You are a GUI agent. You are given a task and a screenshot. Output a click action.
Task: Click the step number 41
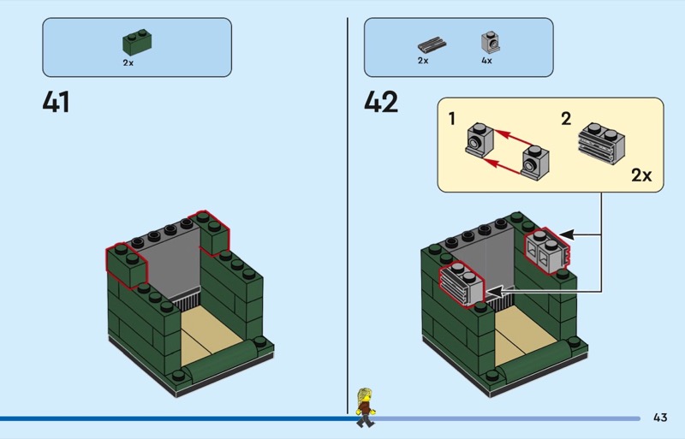[x=56, y=103]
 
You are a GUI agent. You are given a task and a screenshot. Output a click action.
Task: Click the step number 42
[x=381, y=103]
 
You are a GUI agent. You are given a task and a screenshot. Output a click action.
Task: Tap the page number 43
[x=659, y=418]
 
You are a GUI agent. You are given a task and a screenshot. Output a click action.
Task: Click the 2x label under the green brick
[x=128, y=62]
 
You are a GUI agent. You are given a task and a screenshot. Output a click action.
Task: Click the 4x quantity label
[x=487, y=62]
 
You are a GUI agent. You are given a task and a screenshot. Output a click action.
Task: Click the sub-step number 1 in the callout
[x=451, y=119]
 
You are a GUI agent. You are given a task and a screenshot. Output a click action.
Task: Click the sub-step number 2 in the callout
[x=566, y=119]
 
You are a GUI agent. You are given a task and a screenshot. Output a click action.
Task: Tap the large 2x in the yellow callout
[x=641, y=175]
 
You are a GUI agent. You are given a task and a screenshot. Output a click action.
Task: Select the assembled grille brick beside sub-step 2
[x=602, y=141]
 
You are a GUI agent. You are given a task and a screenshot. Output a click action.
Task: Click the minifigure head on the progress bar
[x=364, y=396]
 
